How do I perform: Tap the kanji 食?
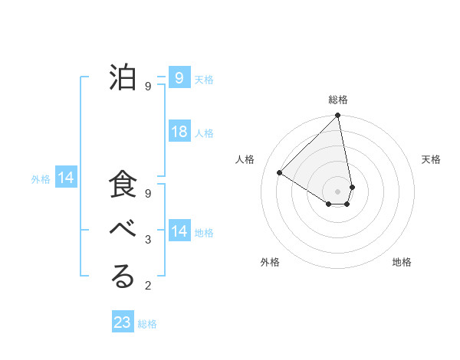123,186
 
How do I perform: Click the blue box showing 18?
179,132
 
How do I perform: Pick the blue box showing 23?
123,322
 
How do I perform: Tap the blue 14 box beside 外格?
66,178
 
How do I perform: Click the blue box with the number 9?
179,78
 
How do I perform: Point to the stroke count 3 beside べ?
148,241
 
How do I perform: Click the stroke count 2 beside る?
148,286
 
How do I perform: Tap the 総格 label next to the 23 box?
148,324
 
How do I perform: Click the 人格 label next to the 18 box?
204,133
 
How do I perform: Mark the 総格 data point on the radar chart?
337,116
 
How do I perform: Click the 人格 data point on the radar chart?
280,172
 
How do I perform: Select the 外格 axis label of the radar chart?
270,262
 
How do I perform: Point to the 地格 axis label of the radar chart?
402,262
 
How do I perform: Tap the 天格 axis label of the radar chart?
432,159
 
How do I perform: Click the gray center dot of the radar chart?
337,190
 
